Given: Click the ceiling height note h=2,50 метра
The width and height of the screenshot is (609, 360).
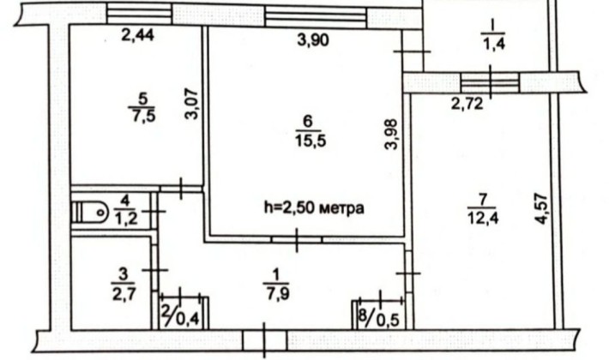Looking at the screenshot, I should coord(314,207).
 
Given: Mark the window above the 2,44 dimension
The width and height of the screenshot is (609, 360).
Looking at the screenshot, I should coord(140,14).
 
